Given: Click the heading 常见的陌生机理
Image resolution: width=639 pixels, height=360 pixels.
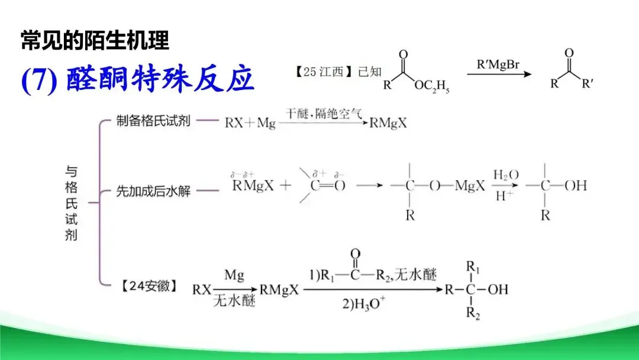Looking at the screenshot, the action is pyautogui.click(x=95, y=41).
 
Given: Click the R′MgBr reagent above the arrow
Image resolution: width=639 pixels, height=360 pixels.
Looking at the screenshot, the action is pyautogui.click(x=498, y=63).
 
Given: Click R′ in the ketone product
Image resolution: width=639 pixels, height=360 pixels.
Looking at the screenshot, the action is pyautogui.click(x=588, y=83).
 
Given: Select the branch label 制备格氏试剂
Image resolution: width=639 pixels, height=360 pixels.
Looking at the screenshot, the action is pyautogui.click(x=153, y=123).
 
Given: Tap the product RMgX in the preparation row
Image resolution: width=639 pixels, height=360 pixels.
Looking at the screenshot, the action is pyautogui.click(x=388, y=124).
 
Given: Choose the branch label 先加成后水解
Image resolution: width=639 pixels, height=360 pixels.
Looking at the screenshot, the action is pyautogui.click(x=153, y=191).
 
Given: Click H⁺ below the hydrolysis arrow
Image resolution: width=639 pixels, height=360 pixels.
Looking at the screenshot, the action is pyautogui.click(x=505, y=196).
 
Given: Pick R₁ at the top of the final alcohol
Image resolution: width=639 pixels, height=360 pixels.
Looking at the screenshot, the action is pyautogui.click(x=473, y=266).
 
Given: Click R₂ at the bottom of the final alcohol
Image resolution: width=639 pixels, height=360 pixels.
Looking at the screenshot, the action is pyautogui.click(x=473, y=313).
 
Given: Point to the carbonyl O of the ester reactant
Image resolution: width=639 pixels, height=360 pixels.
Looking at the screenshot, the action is pyautogui.click(x=403, y=55).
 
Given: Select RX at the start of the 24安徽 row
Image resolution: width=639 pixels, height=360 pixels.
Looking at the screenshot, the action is pyautogui.click(x=202, y=290).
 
